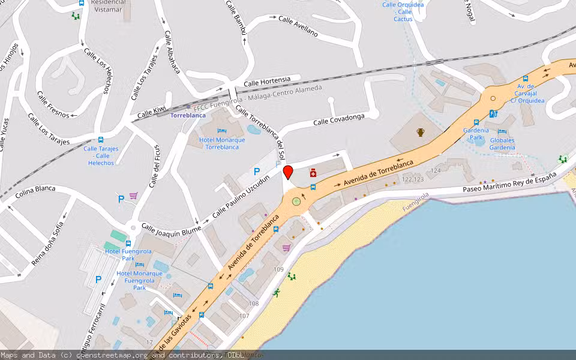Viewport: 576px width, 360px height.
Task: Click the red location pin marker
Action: tap(288, 172)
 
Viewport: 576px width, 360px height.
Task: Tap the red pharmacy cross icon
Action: tap(313, 173)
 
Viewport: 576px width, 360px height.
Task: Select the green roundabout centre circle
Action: tap(296, 201)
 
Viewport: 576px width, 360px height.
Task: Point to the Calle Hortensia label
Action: tap(267, 80)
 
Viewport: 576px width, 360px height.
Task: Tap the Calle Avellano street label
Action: tap(298, 26)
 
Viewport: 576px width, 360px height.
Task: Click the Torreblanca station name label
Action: tap(188, 115)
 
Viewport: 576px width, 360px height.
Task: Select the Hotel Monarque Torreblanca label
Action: tap(222, 143)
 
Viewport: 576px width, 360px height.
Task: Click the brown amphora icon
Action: tap(421, 132)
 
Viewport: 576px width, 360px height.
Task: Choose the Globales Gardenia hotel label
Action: tap(502, 144)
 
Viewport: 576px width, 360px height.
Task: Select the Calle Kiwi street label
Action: tap(151, 111)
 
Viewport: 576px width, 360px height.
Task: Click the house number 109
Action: tap(278, 269)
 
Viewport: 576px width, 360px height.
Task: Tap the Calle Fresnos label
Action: tap(53, 103)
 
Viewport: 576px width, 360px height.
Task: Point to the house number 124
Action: tap(435, 171)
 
